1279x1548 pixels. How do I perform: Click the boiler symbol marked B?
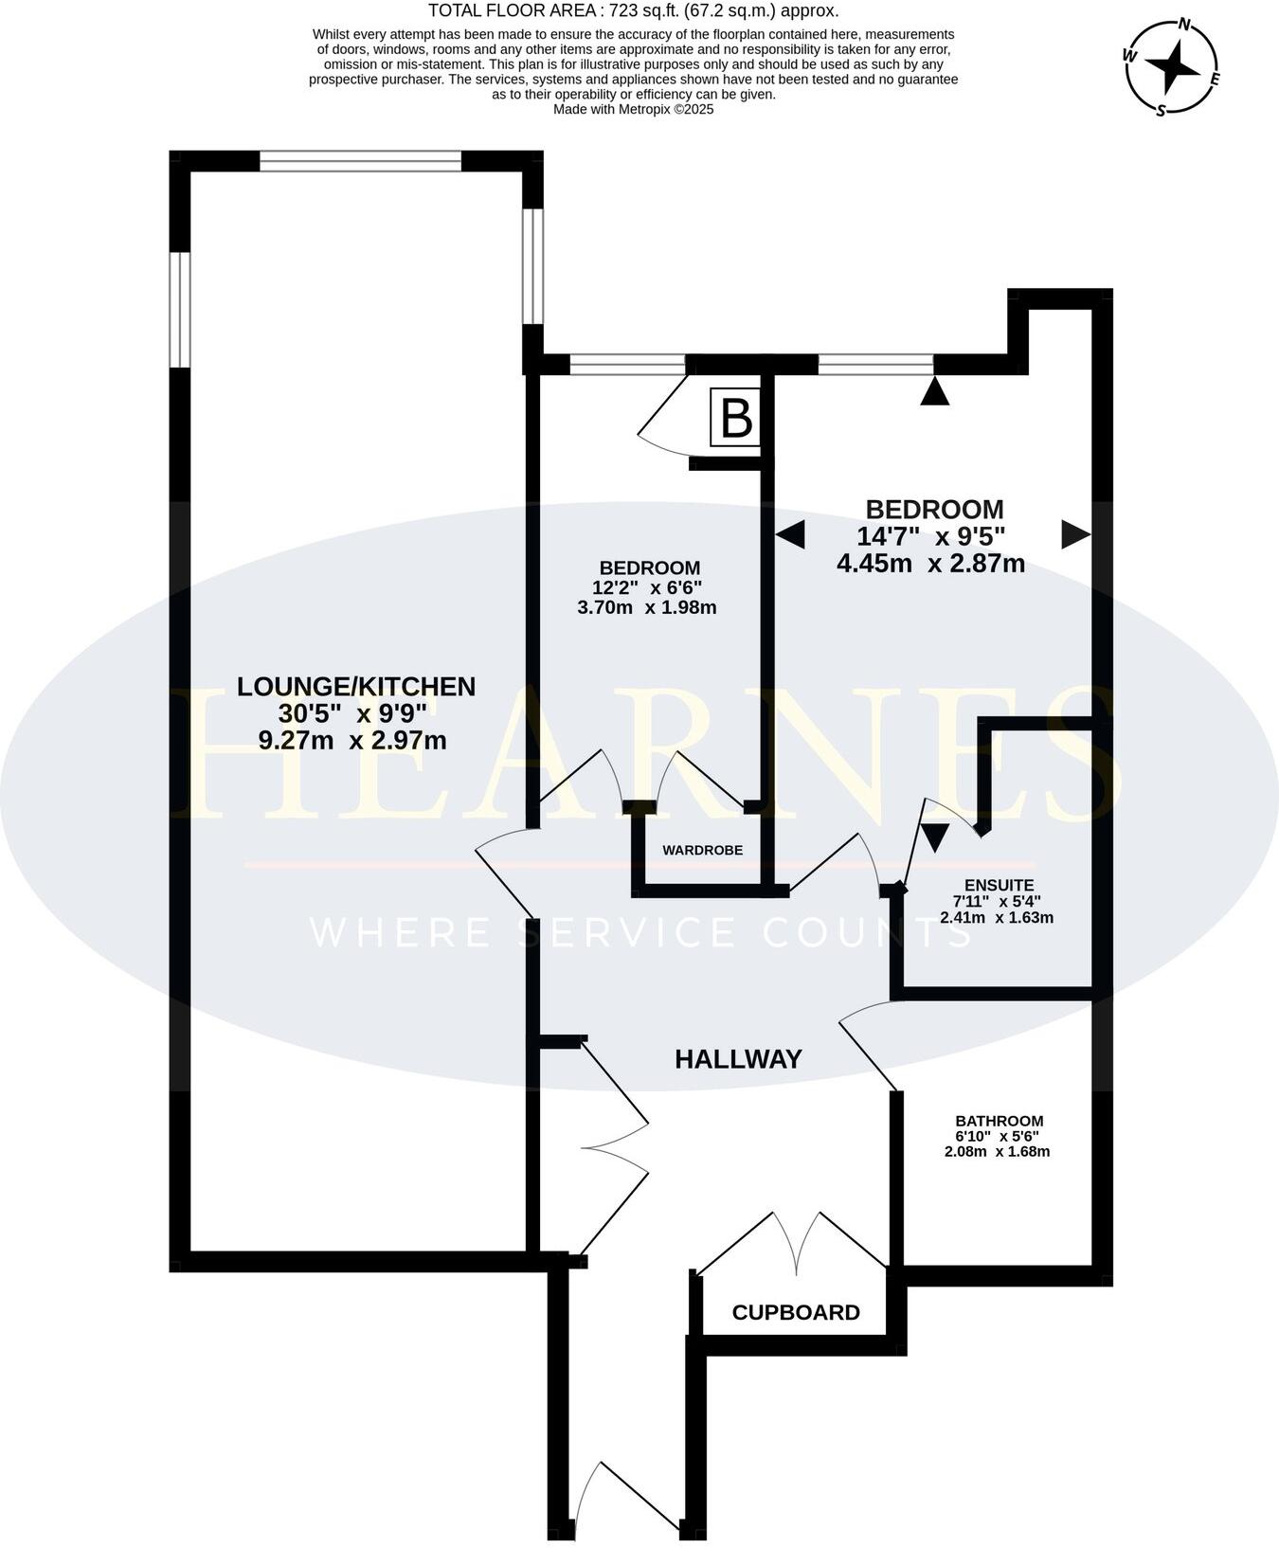pos(736,417)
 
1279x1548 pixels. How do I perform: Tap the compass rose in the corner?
pos(1173,65)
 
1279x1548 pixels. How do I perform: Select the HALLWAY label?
pos(738,1059)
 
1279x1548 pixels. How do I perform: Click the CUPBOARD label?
pos(796,1312)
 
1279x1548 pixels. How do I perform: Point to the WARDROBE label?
pos(702,851)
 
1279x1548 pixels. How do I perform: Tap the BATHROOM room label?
pos(999,1121)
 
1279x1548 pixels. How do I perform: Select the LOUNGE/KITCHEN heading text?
pos(356,686)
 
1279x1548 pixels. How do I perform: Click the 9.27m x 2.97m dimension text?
pos(352,740)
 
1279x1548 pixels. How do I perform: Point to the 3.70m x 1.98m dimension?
pos(647,607)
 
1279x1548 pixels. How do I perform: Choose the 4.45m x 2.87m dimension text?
pos(930,564)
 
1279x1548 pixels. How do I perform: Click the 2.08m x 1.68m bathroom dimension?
pos(997,1152)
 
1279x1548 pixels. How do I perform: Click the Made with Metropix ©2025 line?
pos(633,109)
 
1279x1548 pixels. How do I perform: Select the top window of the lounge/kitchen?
pos(360,162)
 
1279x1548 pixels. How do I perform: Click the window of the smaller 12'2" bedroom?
pos(627,365)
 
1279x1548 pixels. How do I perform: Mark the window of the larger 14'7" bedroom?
pos(876,365)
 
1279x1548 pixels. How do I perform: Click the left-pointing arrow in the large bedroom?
pos(791,535)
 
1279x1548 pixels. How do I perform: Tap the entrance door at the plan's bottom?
pos(625,1497)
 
